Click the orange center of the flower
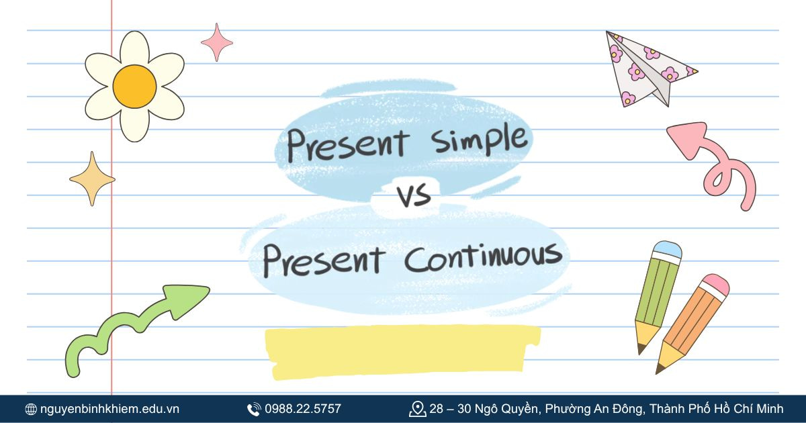134,86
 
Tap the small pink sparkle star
217,42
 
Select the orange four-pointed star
92,179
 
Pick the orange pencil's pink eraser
715,285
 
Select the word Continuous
483,258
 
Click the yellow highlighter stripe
403,349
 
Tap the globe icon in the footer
31,409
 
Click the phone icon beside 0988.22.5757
254,409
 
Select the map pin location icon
417,409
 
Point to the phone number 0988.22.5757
303,409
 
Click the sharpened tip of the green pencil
641,349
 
